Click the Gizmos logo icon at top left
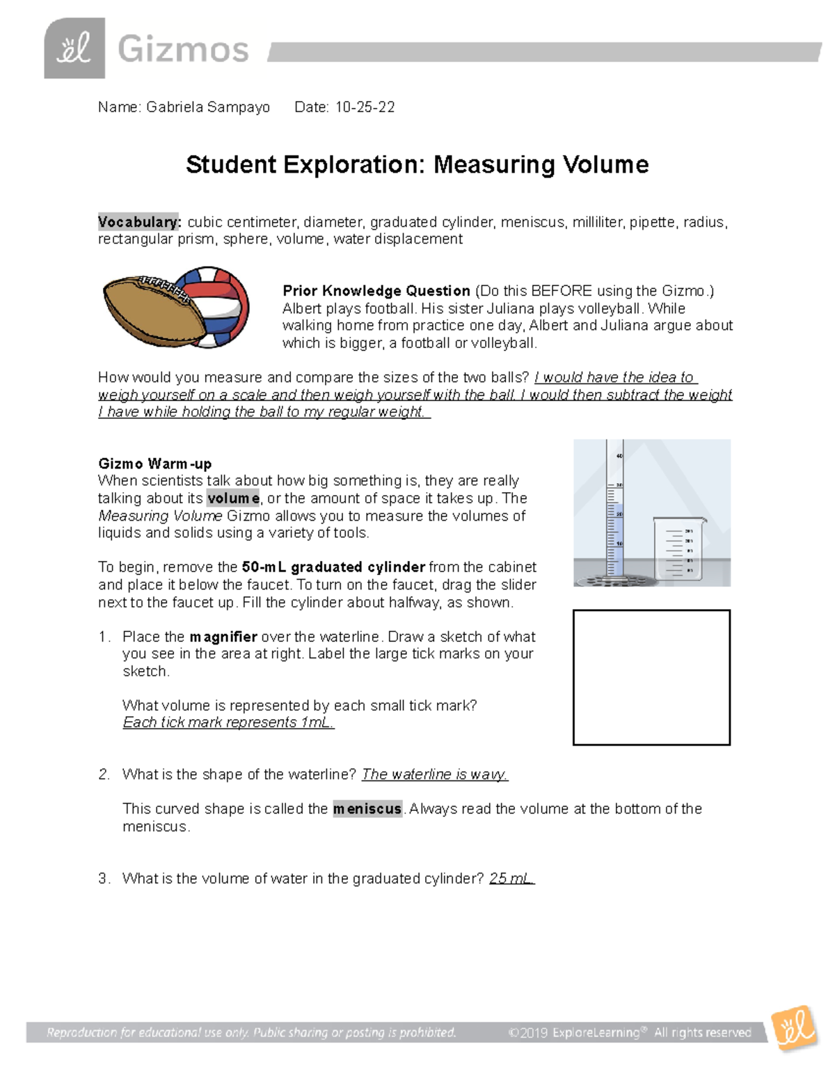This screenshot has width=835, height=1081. pos(74,48)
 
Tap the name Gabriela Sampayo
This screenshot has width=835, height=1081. pos(207,107)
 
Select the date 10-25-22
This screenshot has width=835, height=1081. pos(365,107)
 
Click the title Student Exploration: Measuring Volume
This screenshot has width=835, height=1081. pos(417,165)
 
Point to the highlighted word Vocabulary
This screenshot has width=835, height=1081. pos(139,222)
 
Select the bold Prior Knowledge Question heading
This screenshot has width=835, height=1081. pos(376,291)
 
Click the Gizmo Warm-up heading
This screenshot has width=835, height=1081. pos(154,464)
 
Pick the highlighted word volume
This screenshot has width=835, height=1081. pos(233,498)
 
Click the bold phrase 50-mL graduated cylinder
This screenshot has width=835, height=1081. pos(333,567)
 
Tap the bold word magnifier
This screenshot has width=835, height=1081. pos(223,637)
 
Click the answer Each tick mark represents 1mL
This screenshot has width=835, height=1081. pos(228,723)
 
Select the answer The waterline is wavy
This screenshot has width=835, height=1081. pos(435,775)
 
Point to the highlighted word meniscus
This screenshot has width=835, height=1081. pos(367,809)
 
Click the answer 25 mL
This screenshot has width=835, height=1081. pos(511,878)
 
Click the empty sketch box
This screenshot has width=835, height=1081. pos(651,677)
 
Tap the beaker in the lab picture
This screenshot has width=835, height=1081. pos(678,549)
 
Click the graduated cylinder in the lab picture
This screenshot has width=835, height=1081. pos(614,512)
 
